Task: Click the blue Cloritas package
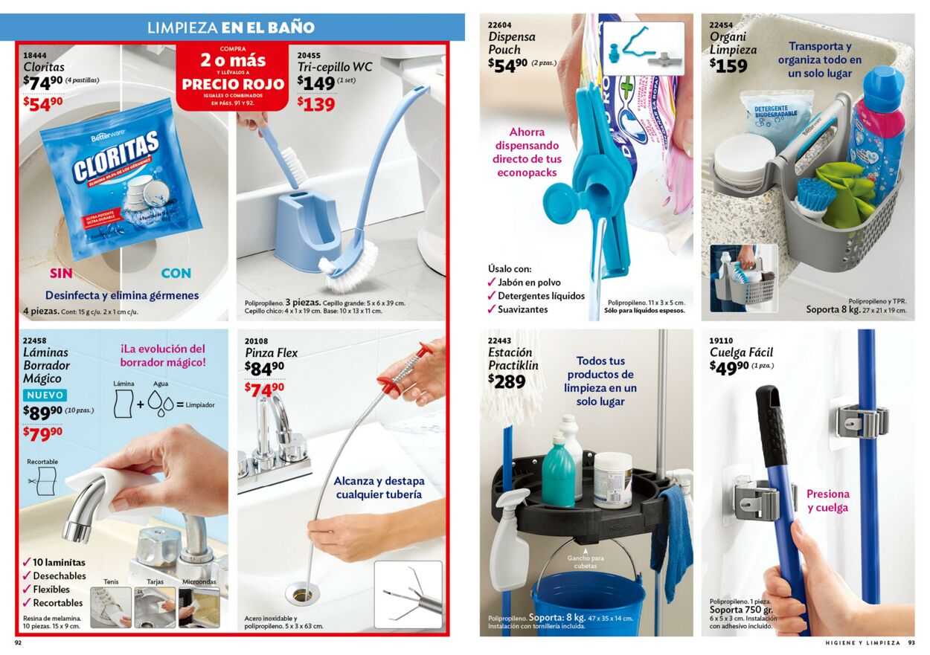[x=119, y=182]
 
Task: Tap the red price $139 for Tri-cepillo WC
[x=317, y=105]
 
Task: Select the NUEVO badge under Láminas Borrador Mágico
[x=45, y=396]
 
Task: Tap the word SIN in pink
[x=61, y=273]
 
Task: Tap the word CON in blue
[x=176, y=273]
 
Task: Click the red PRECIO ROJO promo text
[x=234, y=84]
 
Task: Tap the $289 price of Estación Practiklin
[x=507, y=382]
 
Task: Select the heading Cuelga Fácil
[x=740, y=352]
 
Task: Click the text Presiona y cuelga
[x=827, y=500]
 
